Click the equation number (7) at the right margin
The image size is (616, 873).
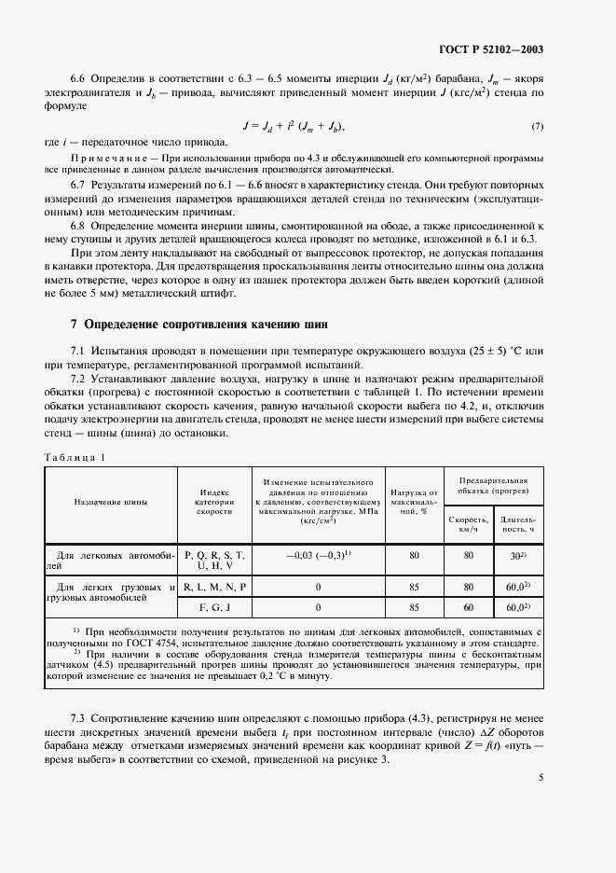tap(538, 126)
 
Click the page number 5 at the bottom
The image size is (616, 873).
tap(541, 774)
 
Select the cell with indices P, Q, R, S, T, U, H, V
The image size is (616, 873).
tap(215, 560)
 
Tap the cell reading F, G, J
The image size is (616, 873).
tap(215, 607)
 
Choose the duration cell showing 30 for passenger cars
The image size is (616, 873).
tap(515, 555)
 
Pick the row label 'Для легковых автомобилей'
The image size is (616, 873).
tap(111, 560)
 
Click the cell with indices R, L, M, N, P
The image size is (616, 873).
tap(215, 587)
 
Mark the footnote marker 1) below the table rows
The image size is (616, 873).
tap(76, 630)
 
